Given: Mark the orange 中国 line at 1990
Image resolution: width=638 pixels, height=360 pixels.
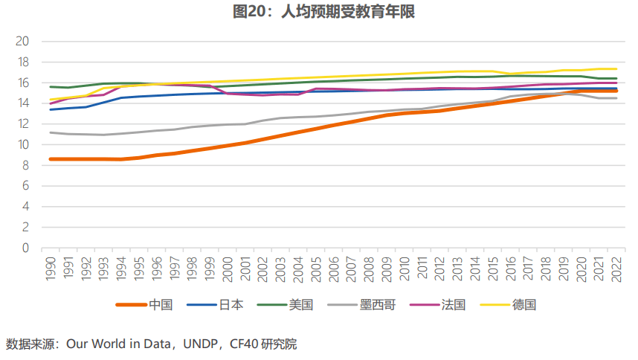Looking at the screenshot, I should (51, 159).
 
